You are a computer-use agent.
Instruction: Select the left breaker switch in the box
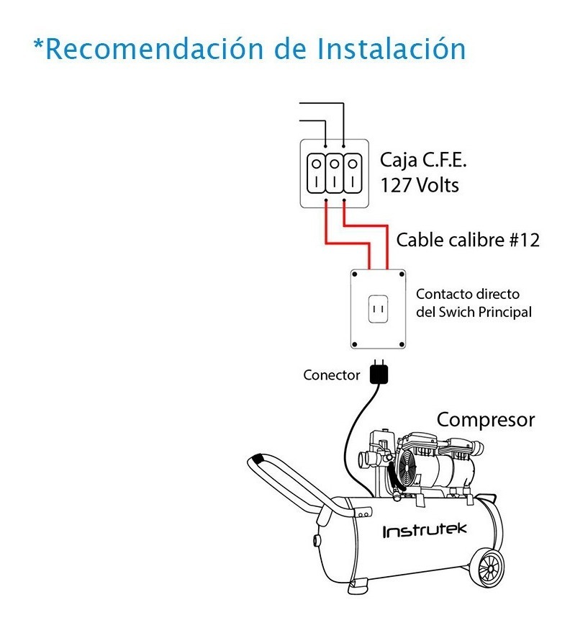[317, 173]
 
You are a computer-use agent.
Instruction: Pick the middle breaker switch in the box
[334, 173]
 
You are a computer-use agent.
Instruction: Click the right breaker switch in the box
[351, 173]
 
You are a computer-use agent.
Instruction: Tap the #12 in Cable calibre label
[524, 240]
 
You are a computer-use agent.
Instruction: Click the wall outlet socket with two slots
[379, 309]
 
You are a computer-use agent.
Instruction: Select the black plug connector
[379, 374]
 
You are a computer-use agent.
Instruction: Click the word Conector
[332, 375]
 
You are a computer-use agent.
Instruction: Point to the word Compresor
[486, 419]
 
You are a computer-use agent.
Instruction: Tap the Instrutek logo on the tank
[424, 531]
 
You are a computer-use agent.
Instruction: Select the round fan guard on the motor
[407, 468]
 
